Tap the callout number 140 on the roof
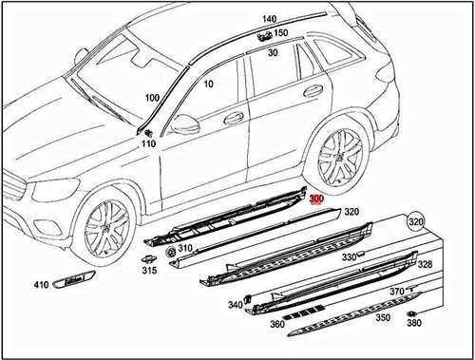(x=269, y=19)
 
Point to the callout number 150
(x=281, y=33)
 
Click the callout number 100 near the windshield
(x=152, y=99)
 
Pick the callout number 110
(x=147, y=144)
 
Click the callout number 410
(x=41, y=285)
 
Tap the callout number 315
(x=149, y=271)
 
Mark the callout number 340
(x=235, y=305)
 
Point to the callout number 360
(x=277, y=325)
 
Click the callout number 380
(x=413, y=322)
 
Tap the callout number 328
(x=425, y=264)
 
